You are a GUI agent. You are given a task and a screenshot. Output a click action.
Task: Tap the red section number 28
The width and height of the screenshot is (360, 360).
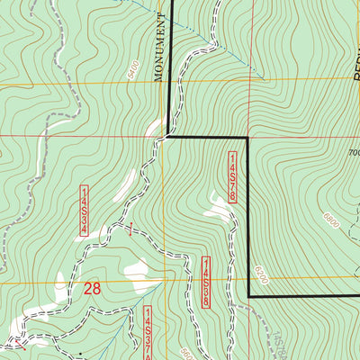click(92, 289)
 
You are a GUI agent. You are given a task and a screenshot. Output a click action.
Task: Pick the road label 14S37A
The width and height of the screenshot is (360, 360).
click(148, 329)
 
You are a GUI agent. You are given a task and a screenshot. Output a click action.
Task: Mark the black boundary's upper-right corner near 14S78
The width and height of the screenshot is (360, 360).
click(247, 138)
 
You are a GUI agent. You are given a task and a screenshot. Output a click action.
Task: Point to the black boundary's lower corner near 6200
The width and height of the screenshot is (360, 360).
click(247, 296)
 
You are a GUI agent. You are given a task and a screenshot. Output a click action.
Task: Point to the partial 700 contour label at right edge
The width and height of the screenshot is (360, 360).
click(353, 153)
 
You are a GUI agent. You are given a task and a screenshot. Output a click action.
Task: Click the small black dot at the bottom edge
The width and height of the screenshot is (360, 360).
click(78, 356)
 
